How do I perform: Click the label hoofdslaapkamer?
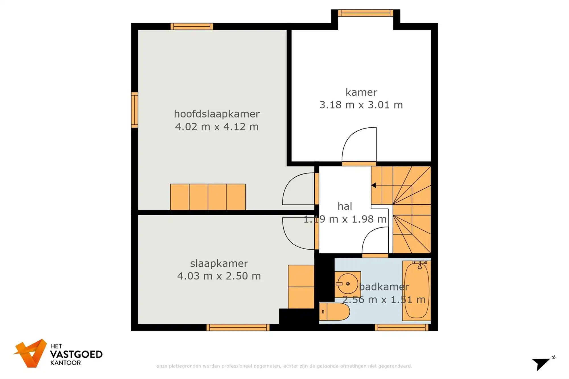(217, 114)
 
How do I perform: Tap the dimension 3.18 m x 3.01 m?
(361, 105)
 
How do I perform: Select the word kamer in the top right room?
(361, 92)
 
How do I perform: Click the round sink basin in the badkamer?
(348, 284)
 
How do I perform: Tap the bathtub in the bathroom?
(417, 291)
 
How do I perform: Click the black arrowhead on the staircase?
(374, 185)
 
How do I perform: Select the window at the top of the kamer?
(365, 13)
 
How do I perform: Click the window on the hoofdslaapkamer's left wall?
(135, 110)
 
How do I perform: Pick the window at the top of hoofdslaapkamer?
(192, 26)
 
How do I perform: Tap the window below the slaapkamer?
(238, 328)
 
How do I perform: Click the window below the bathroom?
(401, 328)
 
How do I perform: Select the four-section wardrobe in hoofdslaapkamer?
(208, 197)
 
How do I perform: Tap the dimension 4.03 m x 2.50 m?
(219, 276)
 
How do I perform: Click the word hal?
(345, 206)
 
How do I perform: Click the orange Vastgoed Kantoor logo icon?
(31, 353)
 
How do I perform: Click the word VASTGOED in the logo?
(76, 354)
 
